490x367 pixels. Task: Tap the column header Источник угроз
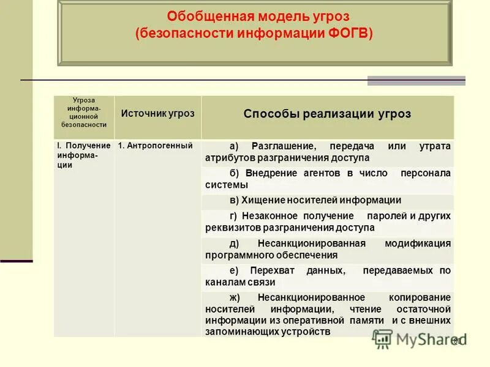click(157, 113)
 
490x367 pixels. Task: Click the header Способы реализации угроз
click(327, 114)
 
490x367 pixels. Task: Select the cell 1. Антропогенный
click(155, 146)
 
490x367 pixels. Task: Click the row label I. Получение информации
click(84, 155)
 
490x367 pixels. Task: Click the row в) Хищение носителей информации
click(315, 200)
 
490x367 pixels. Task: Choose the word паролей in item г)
click(386, 216)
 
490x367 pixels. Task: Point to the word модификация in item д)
click(418, 243)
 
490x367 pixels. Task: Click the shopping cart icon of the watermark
click(383, 338)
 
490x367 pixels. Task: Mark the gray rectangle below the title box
click(416, 81)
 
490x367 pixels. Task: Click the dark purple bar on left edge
click(16, 261)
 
